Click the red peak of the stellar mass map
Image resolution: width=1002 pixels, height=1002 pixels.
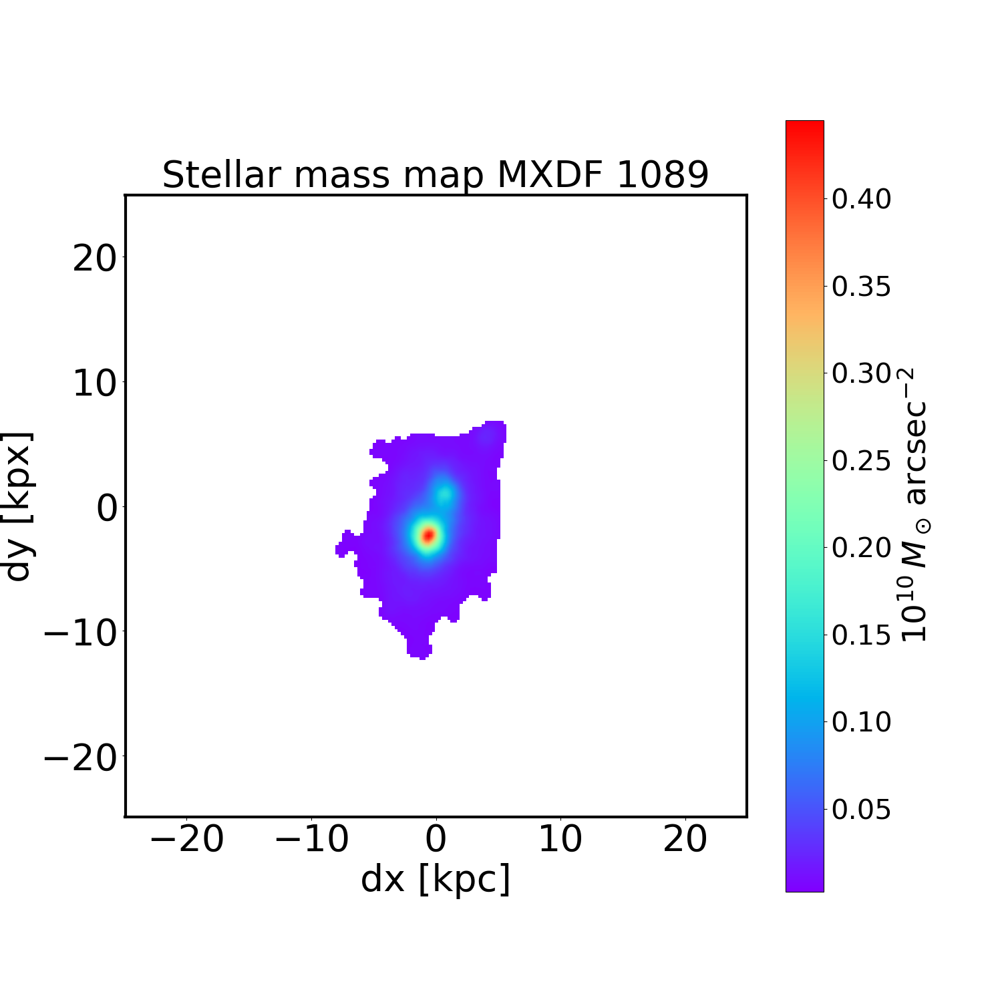point(428,535)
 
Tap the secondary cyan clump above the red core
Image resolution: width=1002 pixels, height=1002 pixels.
point(444,494)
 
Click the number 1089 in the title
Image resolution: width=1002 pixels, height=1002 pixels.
point(662,175)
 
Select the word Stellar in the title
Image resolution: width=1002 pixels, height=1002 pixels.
point(220,175)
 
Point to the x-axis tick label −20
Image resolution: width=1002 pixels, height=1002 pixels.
point(187,839)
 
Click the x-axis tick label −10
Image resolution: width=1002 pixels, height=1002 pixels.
point(311,839)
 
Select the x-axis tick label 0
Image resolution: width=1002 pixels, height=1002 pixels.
point(436,839)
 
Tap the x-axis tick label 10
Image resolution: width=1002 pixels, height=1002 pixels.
point(560,839)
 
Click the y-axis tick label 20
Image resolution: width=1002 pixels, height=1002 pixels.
point(94,258)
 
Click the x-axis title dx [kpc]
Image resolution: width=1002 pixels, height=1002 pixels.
point(436,878)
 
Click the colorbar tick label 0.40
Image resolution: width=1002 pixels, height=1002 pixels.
point(861,199)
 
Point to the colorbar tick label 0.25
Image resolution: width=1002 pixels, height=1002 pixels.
point(861,461)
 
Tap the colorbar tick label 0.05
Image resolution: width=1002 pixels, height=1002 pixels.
point(861,810)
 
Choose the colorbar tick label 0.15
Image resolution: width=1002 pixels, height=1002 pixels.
point(861,635)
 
